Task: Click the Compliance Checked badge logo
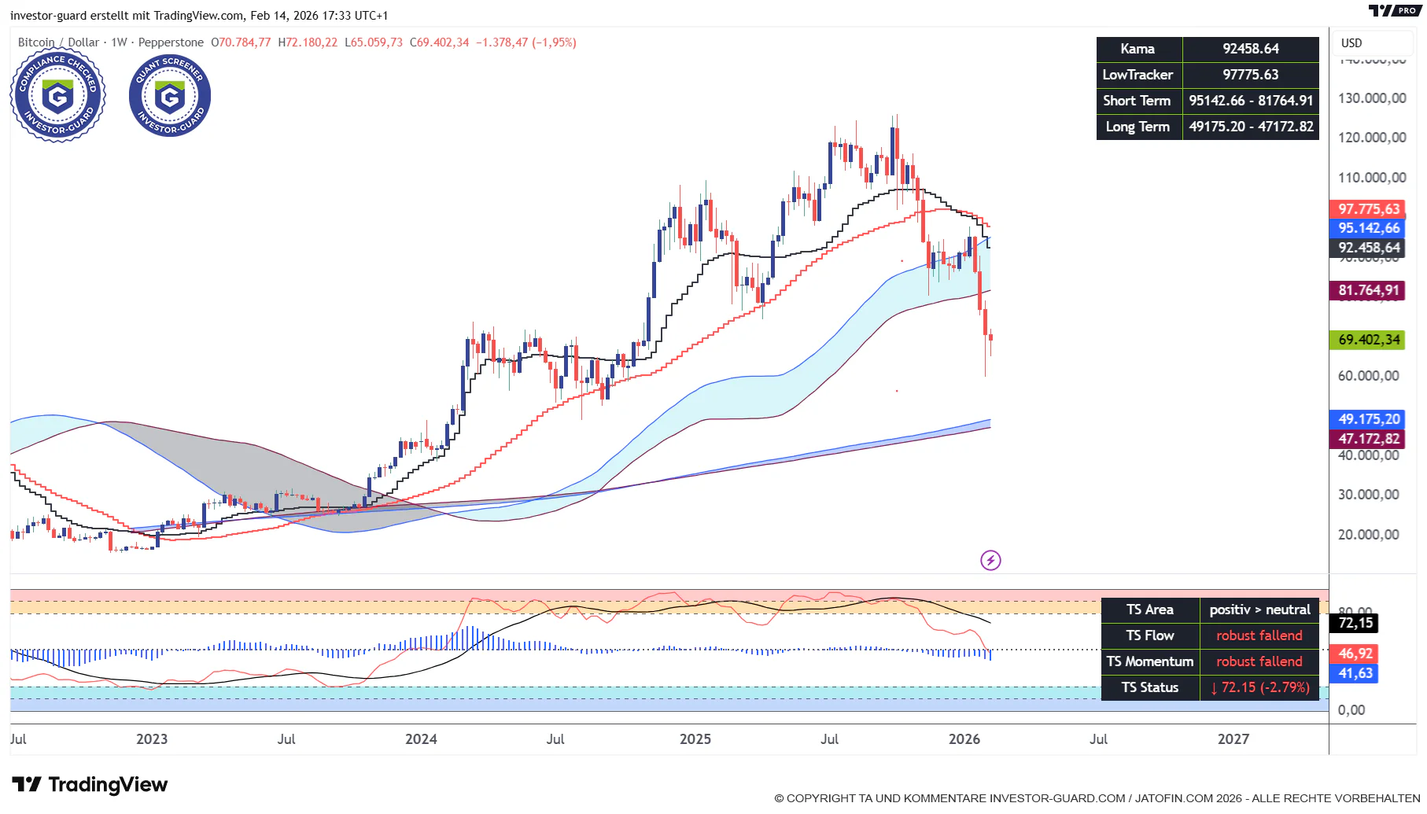pos(57,97)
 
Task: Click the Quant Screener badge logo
pos(169,97)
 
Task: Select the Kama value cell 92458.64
pos(1250,49)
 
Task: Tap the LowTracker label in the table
pos(1138,75)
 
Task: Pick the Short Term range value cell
pos(1250,101)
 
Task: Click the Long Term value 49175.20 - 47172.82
pos(1250,127)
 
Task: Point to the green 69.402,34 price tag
pos(1368,340)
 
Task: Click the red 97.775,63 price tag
pos(1368,209)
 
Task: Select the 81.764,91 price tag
pos(1368,290)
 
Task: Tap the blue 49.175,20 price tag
pos(1368,419)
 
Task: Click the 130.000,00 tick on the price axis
pos(1372,98)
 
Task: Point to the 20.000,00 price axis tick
pos(1368,535)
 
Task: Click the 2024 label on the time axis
pos(421,739)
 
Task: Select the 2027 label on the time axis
pos(1233,739)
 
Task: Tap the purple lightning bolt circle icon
pos(990,560)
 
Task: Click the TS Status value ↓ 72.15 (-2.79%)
pos(1259,687)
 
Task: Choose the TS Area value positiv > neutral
pos(1259,610)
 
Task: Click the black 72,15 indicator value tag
pos(1355,623)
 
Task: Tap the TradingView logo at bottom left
pos(90,784)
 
